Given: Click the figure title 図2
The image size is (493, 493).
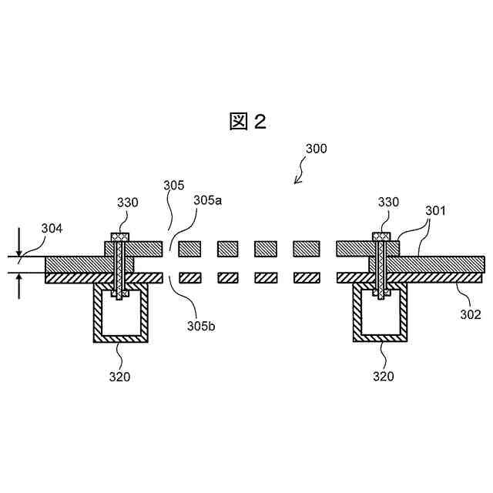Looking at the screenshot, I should point(247,121).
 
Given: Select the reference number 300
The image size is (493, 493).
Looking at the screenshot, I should point(316,148).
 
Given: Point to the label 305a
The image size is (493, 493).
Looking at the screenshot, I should point(207,200).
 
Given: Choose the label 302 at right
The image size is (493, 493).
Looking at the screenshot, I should point(471,314).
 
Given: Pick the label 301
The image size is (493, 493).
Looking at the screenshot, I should point(436,209).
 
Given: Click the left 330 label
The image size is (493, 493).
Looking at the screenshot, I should point(127,203).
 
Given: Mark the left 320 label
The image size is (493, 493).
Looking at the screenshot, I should point(119,377).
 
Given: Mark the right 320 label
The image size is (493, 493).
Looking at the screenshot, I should point(384,377).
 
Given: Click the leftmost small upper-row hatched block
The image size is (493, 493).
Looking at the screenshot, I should point(189,248).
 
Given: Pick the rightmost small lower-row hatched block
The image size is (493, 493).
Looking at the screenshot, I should point(304,277).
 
